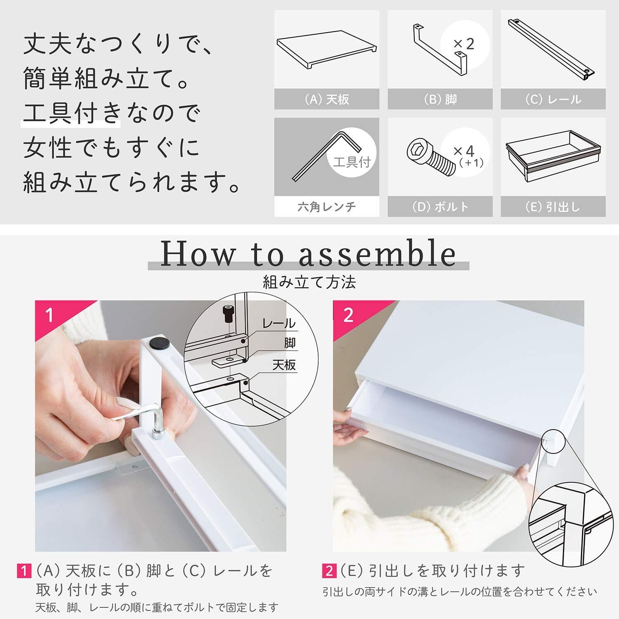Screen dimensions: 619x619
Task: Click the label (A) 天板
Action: [x=326, y=99]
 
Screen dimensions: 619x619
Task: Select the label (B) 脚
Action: [x=440, y=99]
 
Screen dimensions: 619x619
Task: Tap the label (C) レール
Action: [x=553, y=99]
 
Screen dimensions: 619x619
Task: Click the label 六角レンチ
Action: [x=326, y=206]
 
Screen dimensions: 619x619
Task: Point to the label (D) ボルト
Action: [x=440, y=206]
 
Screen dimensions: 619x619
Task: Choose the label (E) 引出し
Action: [x=553, y=206]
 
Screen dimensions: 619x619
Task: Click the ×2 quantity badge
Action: [x=464, y=43]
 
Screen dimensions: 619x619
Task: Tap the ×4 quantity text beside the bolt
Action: [x=464, y=151]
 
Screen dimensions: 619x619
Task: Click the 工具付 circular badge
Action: [x=352, y=162]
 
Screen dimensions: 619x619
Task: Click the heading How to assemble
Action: [x=308, y=253]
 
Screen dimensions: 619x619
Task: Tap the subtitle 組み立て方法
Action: [x=309, y=282]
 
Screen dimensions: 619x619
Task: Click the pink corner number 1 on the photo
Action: [x=50, y=316]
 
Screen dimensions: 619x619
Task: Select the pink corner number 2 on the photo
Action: [x=349, y=315]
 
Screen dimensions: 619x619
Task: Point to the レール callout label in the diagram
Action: [x=279, y=323]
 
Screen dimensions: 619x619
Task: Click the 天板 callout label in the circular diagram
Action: [x=284, y=365]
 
